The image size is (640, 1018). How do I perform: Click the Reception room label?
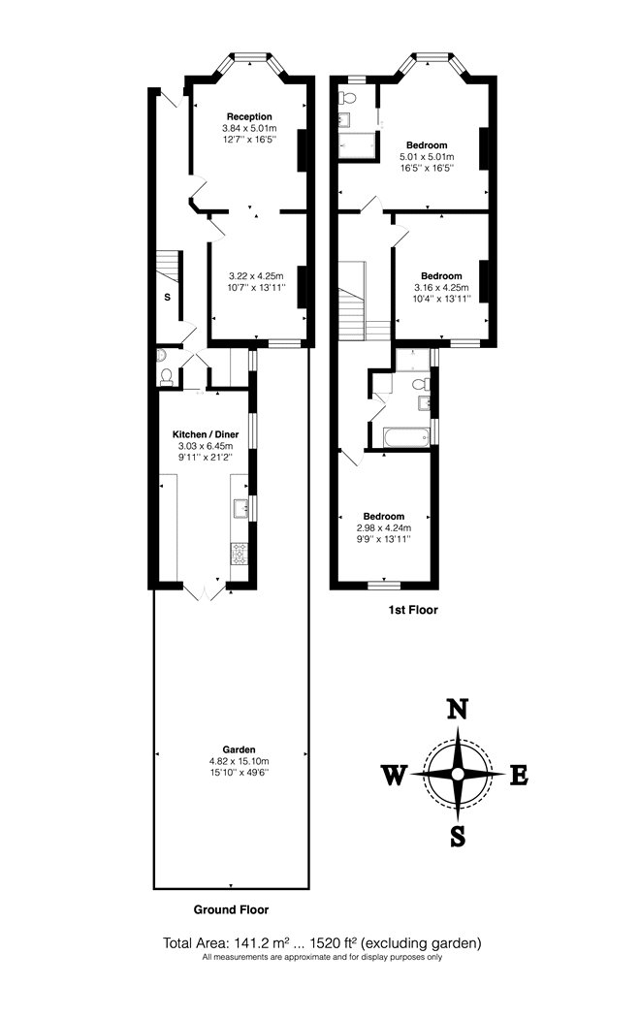click(x=249, y=117)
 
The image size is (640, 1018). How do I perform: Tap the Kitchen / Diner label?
click(x=206, y=434)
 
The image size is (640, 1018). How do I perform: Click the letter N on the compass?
click(x=459, y=709)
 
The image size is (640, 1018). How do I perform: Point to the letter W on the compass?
click(x=394, y=776)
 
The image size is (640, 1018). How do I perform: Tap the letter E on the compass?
click(x=519, y=776)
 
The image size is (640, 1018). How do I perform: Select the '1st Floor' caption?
click(x=413, y=610)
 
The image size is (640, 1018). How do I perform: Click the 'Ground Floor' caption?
click(x=231, y=909)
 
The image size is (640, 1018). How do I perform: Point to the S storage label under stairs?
click(x=168, y=298)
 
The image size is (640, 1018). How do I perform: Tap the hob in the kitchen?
click(x=240, y=554)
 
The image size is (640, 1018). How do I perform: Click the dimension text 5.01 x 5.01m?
click(x=427, y=156)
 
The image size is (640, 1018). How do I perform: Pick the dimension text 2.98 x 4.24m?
click(x=384, y=527)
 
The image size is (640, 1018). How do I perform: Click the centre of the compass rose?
click(x=459, y=774)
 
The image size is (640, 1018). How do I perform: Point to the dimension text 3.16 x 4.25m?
click(x=441, y=288)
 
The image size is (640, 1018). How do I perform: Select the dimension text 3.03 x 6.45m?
click(x=206, y=446)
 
